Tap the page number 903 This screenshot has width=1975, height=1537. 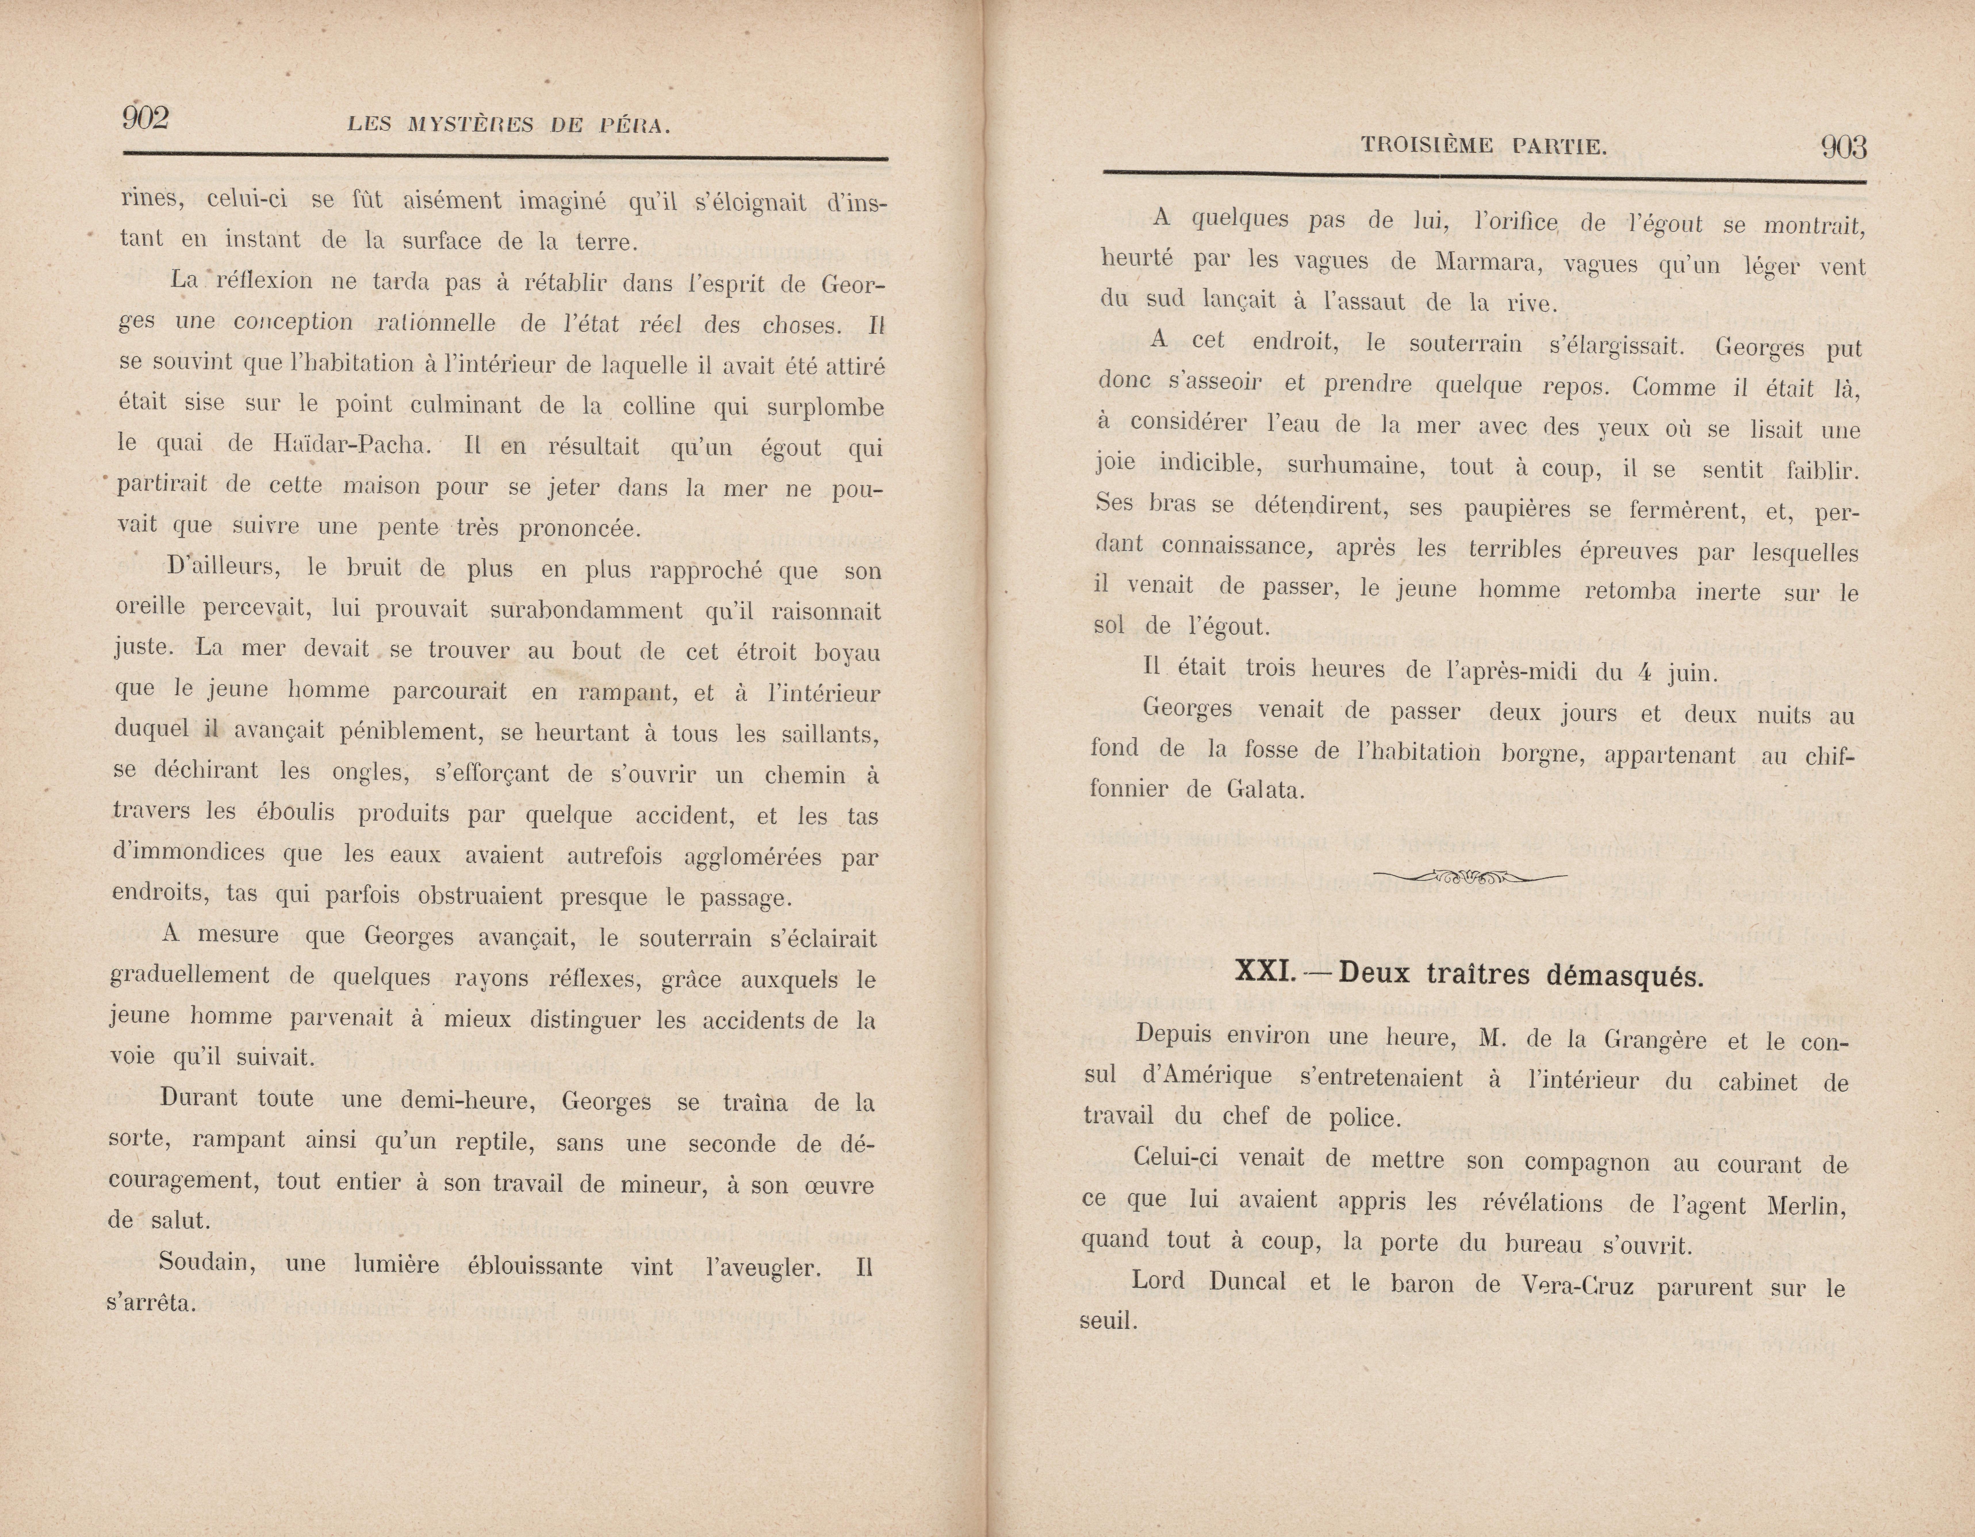coord(1843,147)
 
